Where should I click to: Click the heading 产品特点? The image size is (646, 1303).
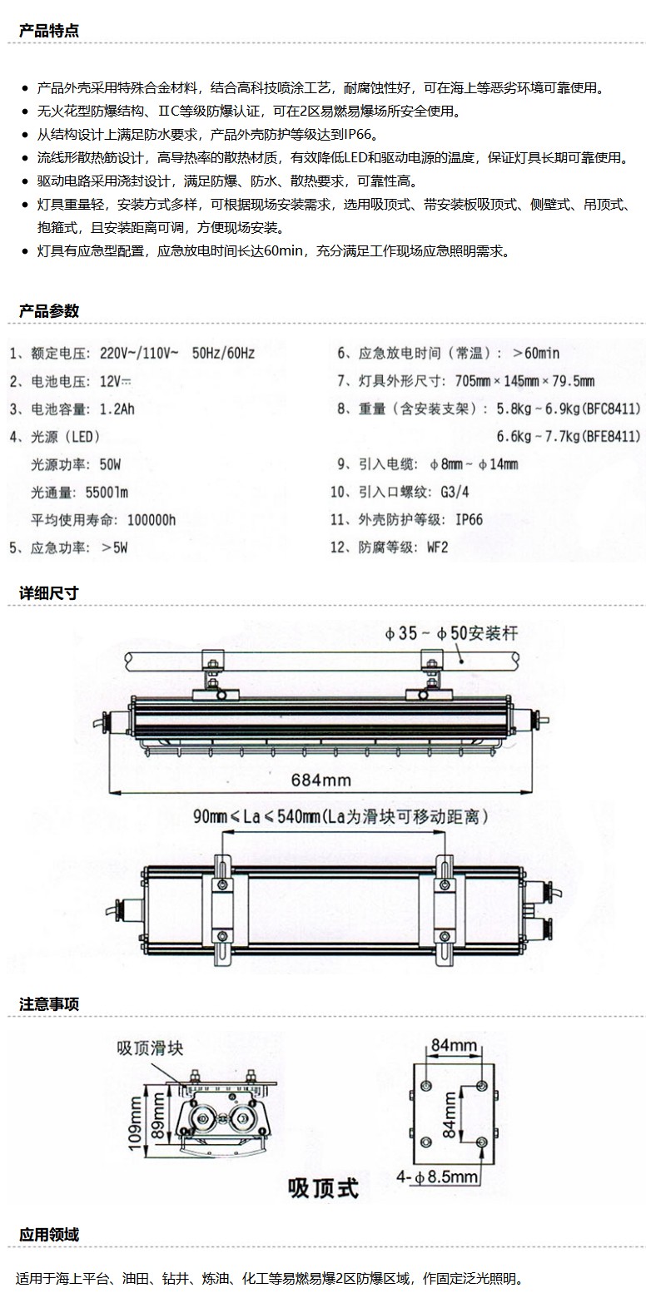click(49, 31)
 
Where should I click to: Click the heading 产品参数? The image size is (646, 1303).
click(49, 310)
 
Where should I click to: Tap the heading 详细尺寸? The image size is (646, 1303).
click(49, 593)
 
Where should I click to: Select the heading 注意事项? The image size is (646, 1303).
click(49, 1004)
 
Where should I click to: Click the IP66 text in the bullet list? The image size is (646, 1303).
click(357, 135)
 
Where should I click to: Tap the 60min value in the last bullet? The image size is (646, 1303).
click(283, 251)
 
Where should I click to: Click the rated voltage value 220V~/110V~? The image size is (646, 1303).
click(139, 353)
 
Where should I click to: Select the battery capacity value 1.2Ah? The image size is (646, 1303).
click(117, 409)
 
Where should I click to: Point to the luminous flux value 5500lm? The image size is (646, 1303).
click(107, 493)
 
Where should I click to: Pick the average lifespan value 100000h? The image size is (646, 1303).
click(152, 520)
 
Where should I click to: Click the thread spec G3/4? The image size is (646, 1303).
click(455, 492)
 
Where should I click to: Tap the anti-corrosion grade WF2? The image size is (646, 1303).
click(438, 547)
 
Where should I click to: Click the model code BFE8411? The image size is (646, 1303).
click(612, 436)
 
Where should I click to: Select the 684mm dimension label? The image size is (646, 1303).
click(321, 780)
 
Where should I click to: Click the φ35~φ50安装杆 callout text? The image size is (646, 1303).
click(451, 633)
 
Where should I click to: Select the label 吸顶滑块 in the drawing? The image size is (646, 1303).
click(150, 1048)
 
